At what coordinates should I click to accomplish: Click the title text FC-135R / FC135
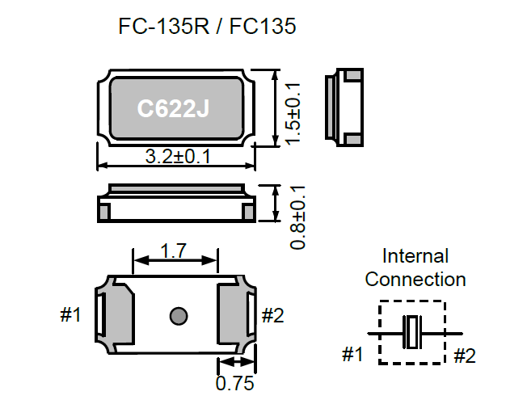click(x=208, y=27)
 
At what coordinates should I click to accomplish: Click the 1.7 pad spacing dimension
click(x=175, y=251)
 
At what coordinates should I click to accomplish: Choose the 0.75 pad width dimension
click(x=233, y=382)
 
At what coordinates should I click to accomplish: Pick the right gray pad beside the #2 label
click(x=237, y=314)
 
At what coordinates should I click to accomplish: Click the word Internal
click(x=415, y=257)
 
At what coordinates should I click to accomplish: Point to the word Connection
click(x=415, y=280)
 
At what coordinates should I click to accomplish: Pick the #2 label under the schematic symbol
click(x=466, y=354)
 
